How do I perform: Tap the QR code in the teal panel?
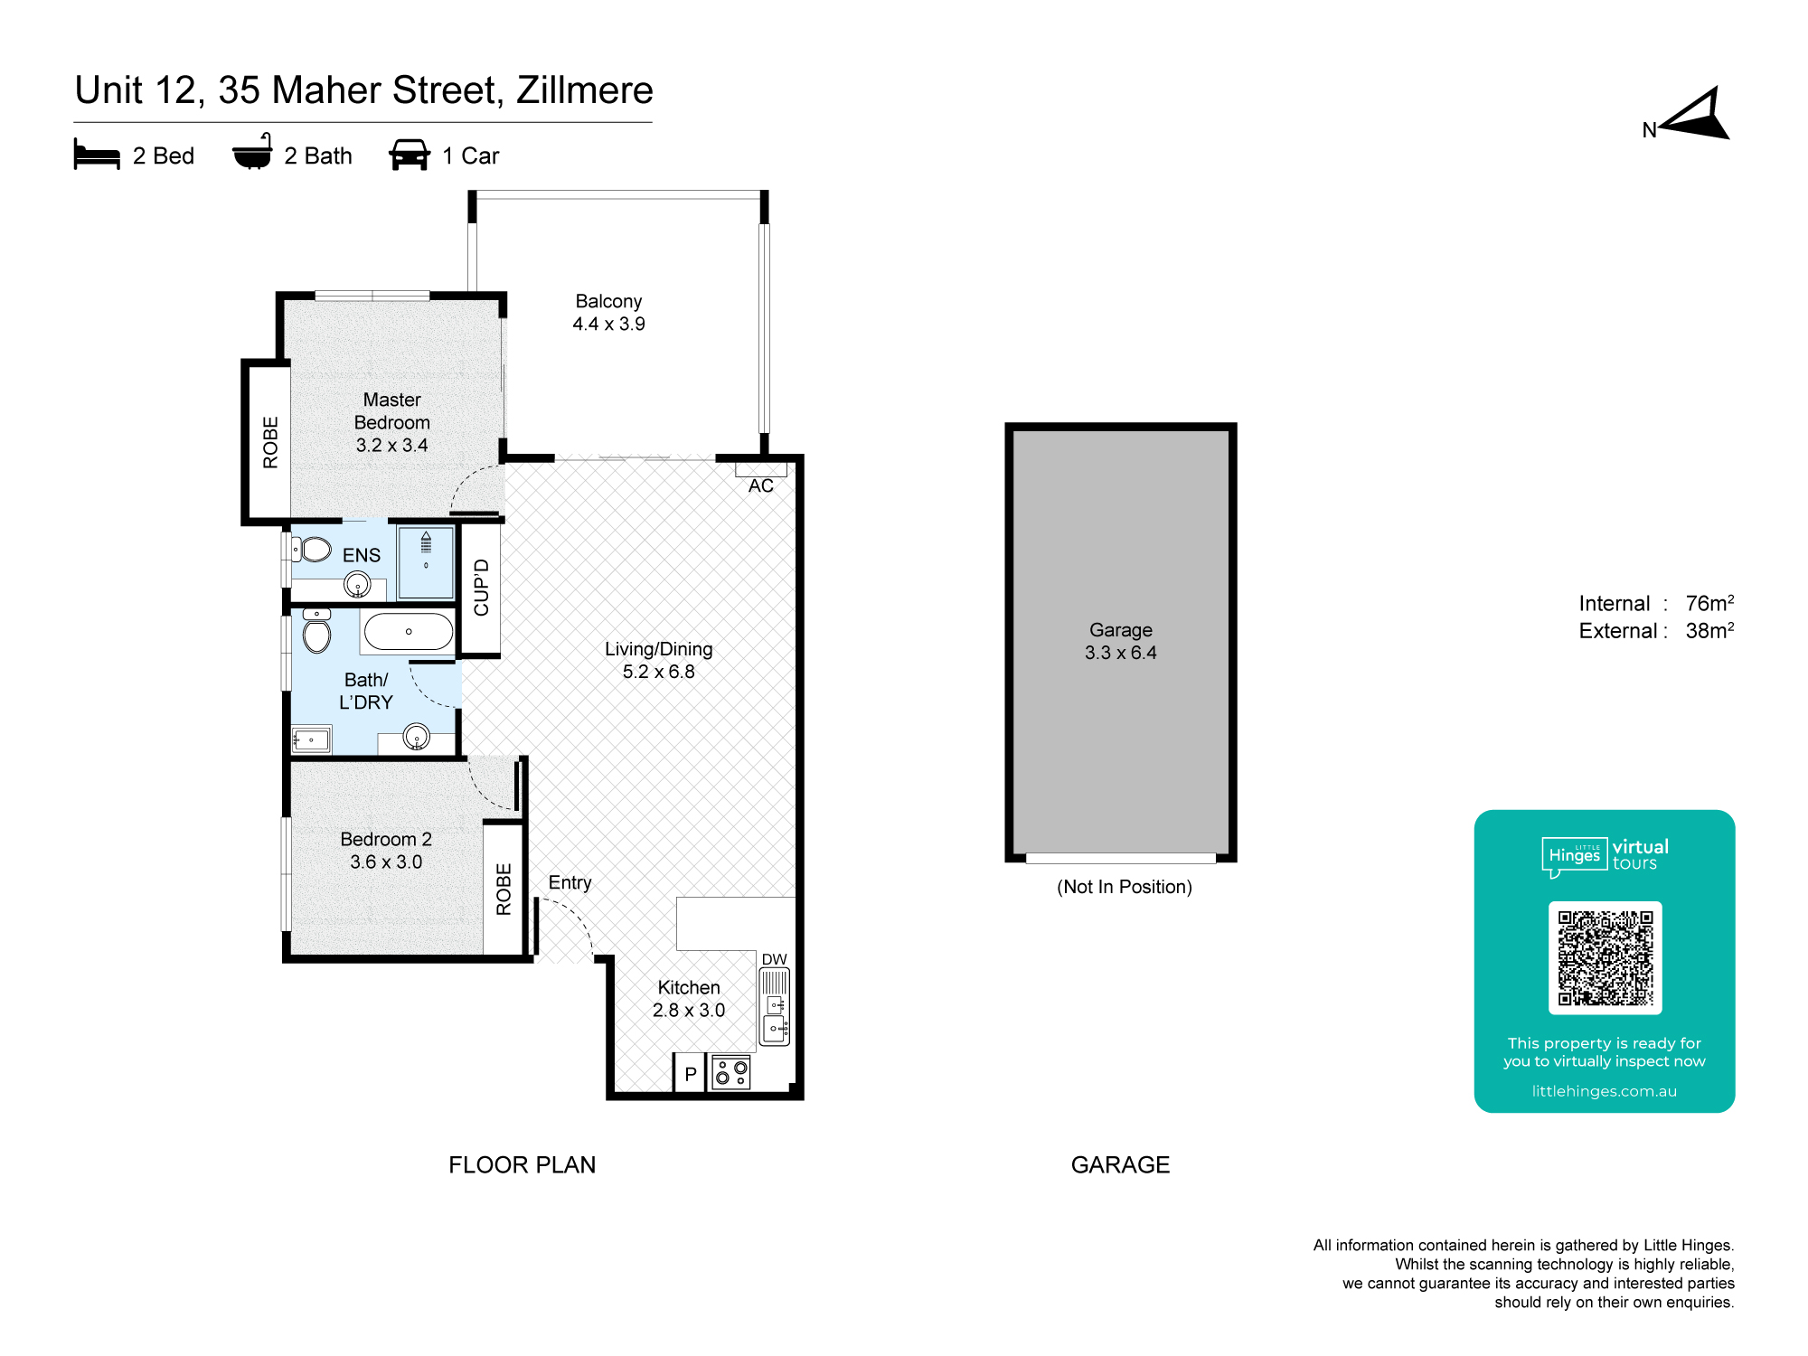point(1605,957)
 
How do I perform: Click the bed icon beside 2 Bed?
point(97,155)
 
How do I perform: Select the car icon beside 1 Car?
point(410,155)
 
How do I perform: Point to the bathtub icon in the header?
point(252,153)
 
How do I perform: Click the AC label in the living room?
point(760,486)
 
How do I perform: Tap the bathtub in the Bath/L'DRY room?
point(408,632)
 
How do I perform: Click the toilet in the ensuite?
point(312,549)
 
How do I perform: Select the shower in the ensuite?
point(426,561)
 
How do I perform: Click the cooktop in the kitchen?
point(731,1073)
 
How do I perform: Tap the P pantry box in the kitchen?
point(690,1073)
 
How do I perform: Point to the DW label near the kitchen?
point(774,959)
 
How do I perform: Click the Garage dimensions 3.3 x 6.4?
point(1120,653)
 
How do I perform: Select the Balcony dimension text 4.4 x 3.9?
point(608,324)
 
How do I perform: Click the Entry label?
point(570,883)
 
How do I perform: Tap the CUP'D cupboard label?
point(481,588)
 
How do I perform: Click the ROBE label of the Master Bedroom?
point(270,442)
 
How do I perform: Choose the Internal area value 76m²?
point(1709,603)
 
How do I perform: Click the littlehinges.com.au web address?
point(1604,1091)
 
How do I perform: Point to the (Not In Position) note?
point(1124,887)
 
